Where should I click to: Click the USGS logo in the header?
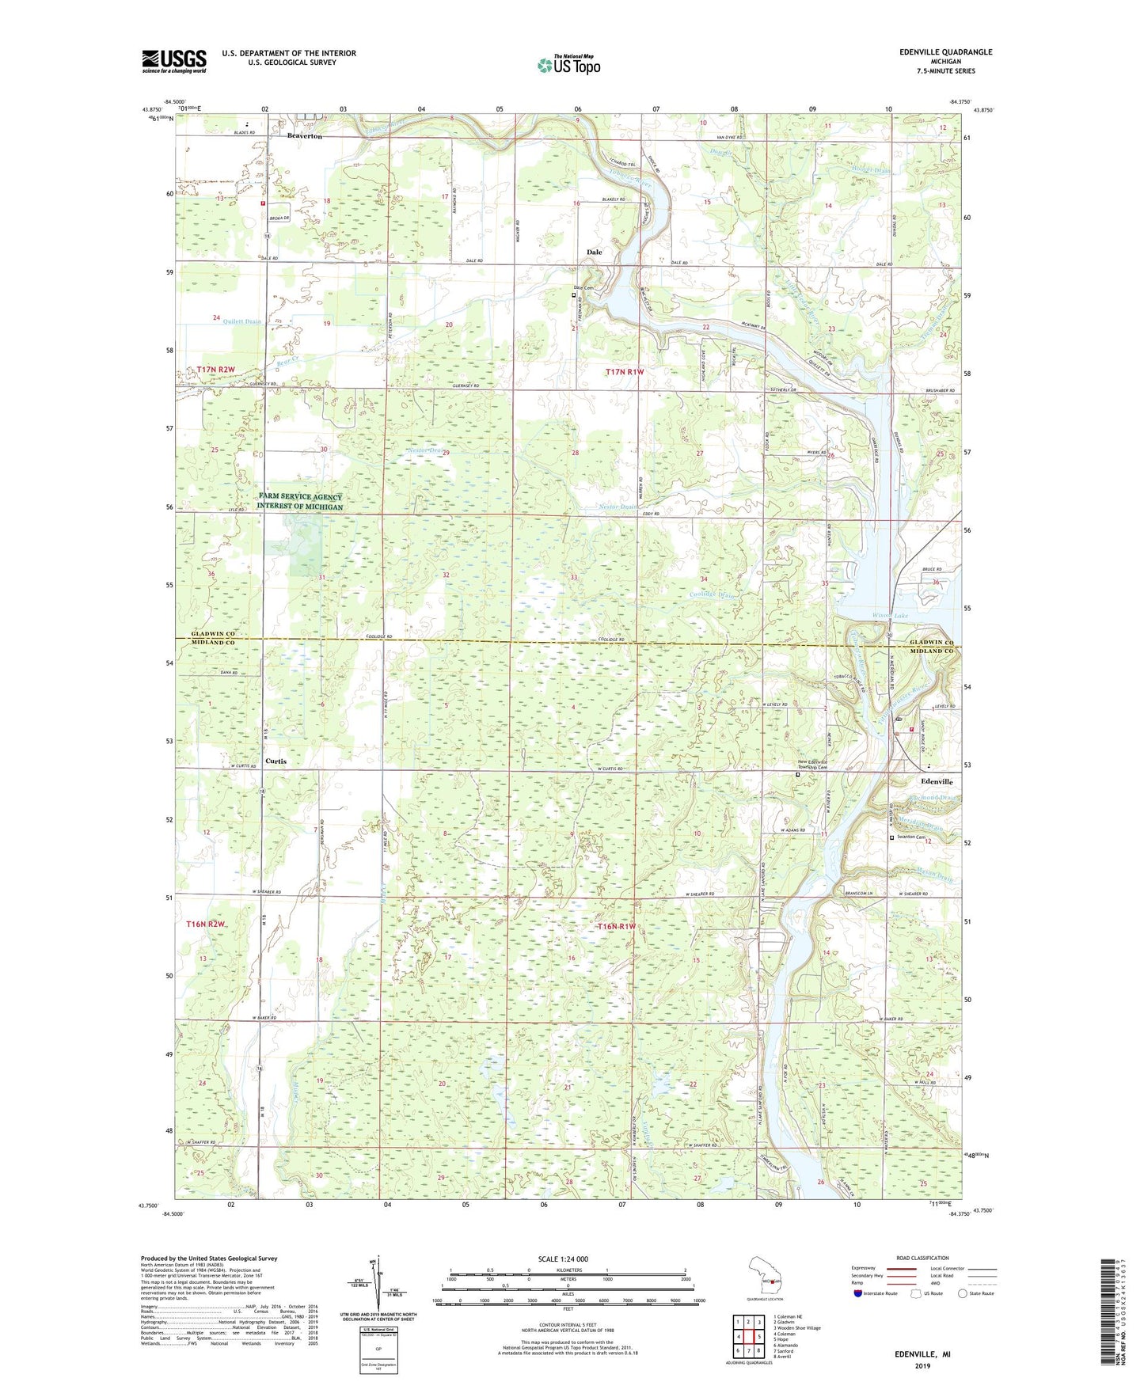pos(173,60)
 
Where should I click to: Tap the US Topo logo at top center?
pos(568,65)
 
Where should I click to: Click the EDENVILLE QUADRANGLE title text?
pos(945,52)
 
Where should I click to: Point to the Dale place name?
pos(594,252)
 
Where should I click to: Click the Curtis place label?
pos(276,761)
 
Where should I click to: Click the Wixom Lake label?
pos(890,615)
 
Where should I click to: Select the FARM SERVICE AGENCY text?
pos(300,497)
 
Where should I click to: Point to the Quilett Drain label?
pos(241,321)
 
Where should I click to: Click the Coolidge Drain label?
pos(713,594)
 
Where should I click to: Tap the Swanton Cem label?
pos(911,837)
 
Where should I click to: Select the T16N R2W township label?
pos(206,924)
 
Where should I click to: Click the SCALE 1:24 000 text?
pos(563,1259)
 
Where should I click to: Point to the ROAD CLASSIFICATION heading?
pos(922,1258)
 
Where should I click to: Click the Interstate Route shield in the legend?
pos(860,1293)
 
